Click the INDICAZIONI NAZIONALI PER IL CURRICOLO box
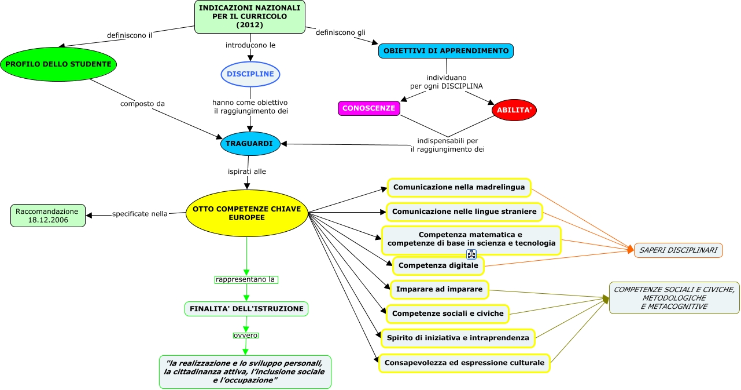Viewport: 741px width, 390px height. (x=249, y=17)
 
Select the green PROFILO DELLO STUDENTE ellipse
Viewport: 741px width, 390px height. (x=58, y=64)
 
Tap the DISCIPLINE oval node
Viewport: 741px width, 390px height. (x=250, y=74)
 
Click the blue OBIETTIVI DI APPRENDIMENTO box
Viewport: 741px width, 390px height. (x=445, y=51)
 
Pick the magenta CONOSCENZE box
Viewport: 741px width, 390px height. (x=368, y=108)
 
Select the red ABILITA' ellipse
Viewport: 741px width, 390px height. (x=514, y=110)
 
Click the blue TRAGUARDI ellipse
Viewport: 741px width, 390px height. (x=250, y=143)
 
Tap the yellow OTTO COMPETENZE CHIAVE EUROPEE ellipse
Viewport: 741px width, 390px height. (x=246, y=213)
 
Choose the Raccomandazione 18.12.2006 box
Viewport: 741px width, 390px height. (x=47, y=216)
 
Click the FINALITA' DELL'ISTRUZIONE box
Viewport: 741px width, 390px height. (x=246, y=309)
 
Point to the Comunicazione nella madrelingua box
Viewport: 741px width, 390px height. (x=459, y=188)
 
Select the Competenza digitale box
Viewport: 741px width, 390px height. (x=438, y=266)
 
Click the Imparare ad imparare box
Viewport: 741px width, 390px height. (x=439, y=289)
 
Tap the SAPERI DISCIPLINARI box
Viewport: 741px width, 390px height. (x=678, y=250)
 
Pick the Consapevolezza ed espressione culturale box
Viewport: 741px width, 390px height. (x=464, y=363)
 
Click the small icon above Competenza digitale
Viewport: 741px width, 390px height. (x=471, y=254)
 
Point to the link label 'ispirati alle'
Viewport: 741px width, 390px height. (x=247, y=172)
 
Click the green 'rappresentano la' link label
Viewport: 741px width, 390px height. (x=246, y=279)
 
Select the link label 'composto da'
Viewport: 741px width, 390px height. (x=142, y=104)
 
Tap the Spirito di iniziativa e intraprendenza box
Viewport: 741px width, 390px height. (x=458, y=338)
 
